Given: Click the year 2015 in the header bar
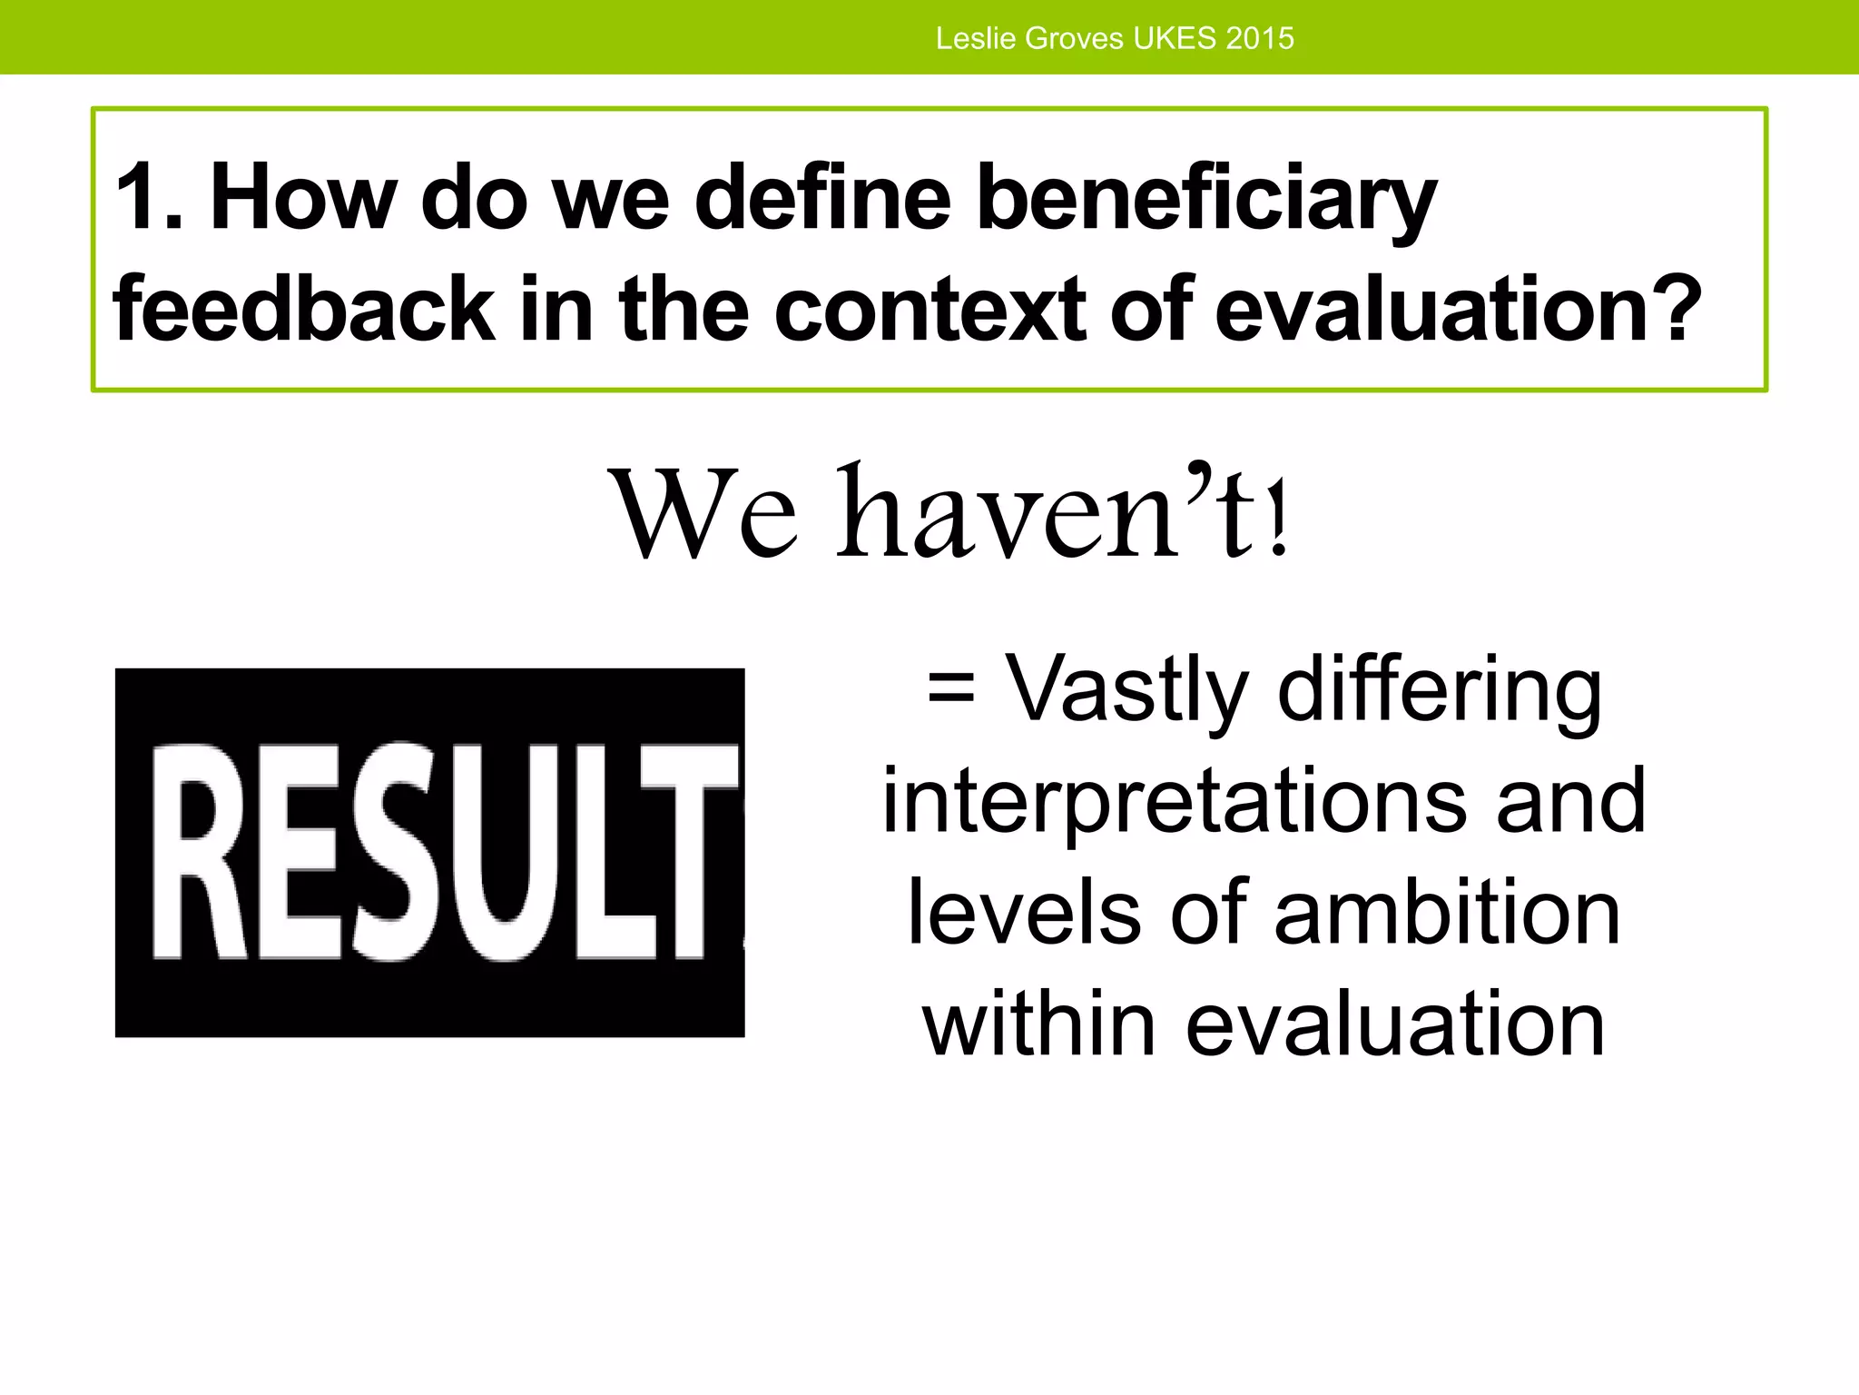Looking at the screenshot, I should pyautogui.click(x=1259, y=38).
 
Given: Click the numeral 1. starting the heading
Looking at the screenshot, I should pyautogui.click(x=148, y=197).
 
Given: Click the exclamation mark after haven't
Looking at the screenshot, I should pyautogui.click(x=1279, y=527).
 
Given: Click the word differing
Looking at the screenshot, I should pyautogui.click(x=1440, y=690).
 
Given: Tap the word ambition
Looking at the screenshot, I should pyautogui.click(x=1447, y=913).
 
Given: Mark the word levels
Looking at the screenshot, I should pyautogui.click(x=1024, y=913).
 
